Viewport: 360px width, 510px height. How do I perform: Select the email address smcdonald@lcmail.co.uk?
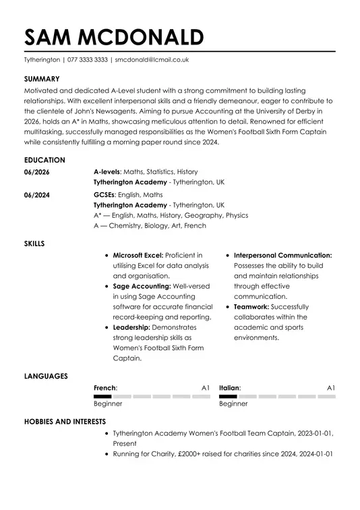(152, 59)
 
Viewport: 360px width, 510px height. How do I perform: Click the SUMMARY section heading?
(42, 79)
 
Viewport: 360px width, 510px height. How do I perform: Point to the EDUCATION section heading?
(44, 160)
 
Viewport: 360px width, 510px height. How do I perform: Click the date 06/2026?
(36, 172)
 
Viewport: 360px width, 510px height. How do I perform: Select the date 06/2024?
(36, 194)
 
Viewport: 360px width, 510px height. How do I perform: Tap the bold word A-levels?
(106, 172)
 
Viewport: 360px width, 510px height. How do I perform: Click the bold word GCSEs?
(104, 194)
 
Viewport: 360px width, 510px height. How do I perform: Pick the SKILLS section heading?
(34, 243)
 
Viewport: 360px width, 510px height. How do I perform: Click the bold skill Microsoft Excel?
(138, 256)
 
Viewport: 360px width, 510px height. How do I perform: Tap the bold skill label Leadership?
(131, 327)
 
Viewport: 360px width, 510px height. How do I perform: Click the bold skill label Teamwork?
(251, 306)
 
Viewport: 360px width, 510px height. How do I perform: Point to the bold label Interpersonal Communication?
(282, 256)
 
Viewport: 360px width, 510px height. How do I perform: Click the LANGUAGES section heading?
(46, 376)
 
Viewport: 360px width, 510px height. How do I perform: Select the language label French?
(104, 388)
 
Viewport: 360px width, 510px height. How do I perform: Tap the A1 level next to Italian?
(331, 388)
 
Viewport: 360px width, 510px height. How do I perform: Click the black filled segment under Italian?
(228, 397)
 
